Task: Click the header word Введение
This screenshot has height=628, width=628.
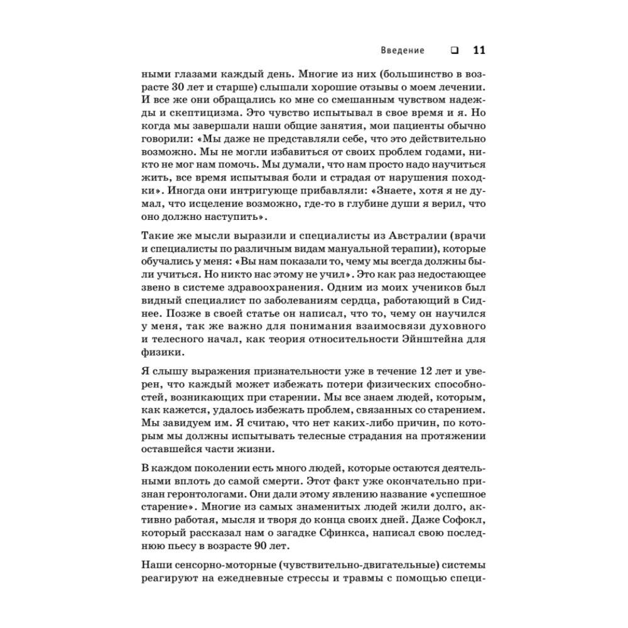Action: (403, 51)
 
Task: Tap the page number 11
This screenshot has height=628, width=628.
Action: (477, 51)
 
